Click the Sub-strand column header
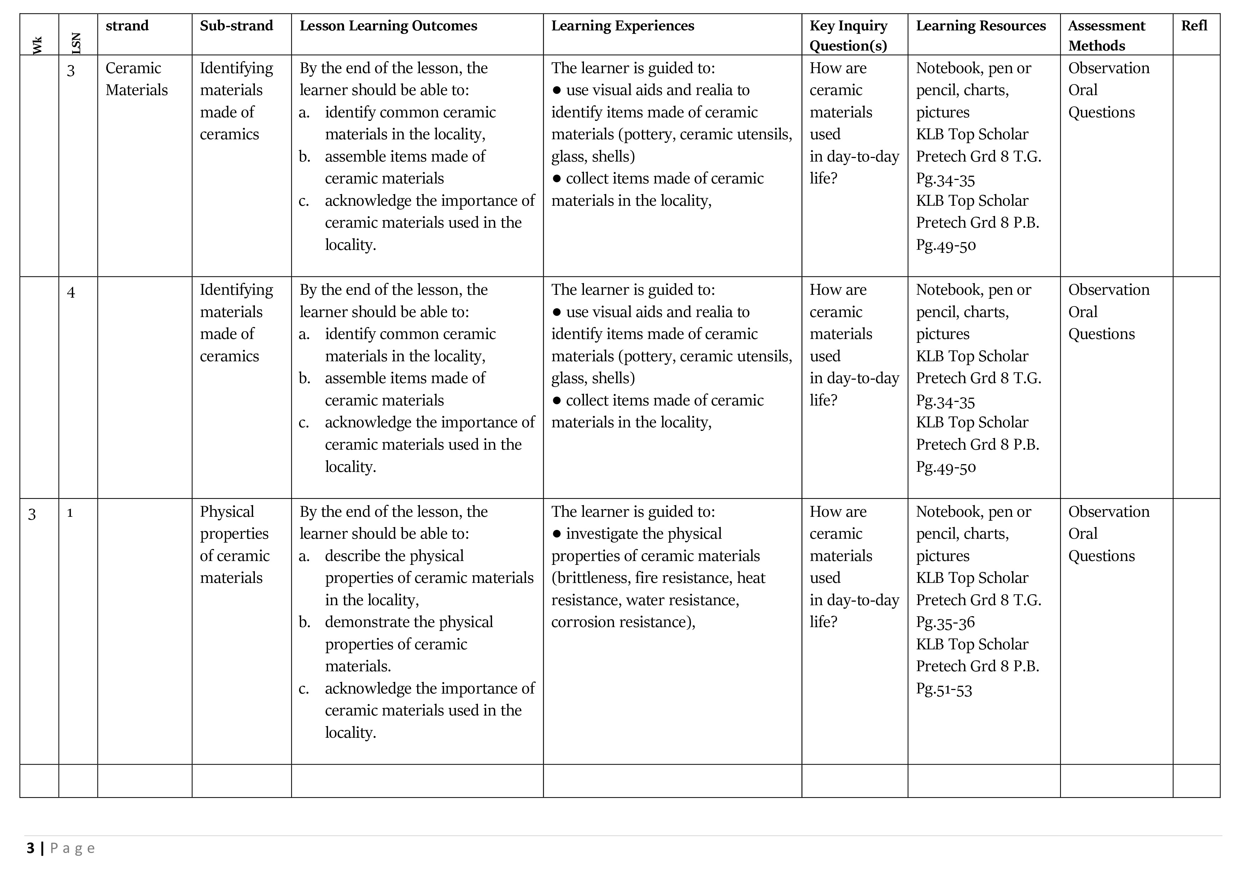pyautogui.click(x=236, y=26)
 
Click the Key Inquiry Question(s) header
pyautogui.click(x=848, y=36)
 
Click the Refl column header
pyautogui.click(x=1194, y=26)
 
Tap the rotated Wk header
pyautogui.click(x=37, y=45)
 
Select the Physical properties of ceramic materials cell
pyautogui.click(x=234, y=544)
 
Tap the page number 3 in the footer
pyautogui.click(x=30, y=848)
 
